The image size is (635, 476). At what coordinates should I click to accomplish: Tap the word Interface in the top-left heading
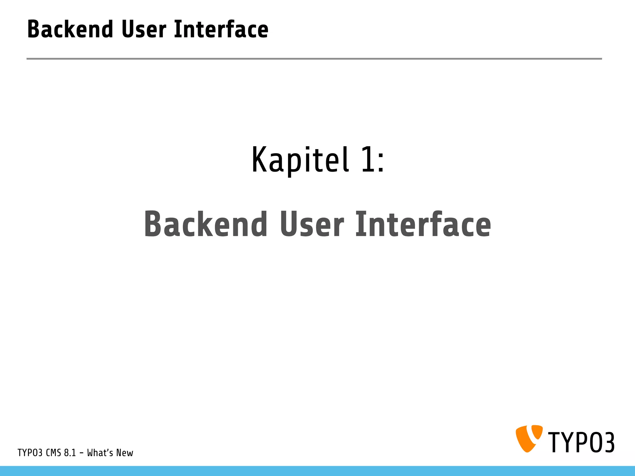point(221,29)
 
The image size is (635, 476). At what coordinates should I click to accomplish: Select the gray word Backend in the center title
point(206,224)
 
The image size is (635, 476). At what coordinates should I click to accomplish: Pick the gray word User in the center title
point(312,224)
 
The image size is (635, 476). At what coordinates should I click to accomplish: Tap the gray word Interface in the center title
point(423,224)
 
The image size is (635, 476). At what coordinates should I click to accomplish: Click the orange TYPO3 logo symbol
point(529,438)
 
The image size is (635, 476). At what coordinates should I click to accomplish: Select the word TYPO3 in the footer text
point(30,453)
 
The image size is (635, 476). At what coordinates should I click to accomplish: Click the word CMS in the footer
point(53,453)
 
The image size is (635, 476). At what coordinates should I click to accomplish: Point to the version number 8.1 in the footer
point(70,453)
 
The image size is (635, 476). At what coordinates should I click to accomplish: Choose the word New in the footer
point(125,453)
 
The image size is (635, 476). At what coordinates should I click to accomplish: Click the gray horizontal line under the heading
point(314,59)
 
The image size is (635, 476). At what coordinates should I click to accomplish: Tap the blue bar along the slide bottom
point(317,471)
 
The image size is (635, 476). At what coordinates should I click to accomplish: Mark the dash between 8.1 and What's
point(82,453)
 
